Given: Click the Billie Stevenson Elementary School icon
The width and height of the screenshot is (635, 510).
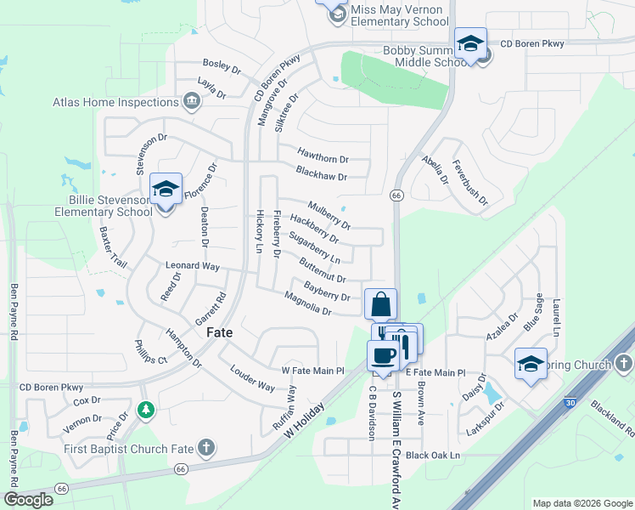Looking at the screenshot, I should [x=166, y=190].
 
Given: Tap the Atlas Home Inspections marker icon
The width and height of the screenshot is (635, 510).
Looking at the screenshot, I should [x=191, y=103].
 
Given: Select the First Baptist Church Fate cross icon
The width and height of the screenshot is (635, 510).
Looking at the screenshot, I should [x=205, y=447].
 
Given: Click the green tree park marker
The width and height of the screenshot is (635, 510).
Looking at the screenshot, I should [x=147, y=411].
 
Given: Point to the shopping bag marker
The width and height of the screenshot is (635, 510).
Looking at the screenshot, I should [x=380, y=304].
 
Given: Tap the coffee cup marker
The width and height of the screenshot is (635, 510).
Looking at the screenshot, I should [x=384, y=355].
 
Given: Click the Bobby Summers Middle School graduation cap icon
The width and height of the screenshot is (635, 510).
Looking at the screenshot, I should [x=470, y=43].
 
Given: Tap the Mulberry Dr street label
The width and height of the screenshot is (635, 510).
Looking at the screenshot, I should [x=329, y=215].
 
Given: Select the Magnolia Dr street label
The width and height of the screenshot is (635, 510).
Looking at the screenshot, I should [x=307, y=303].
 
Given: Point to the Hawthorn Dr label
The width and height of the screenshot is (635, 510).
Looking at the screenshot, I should [x=323, y=158].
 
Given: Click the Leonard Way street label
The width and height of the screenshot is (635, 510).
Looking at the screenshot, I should [x=192, y=266].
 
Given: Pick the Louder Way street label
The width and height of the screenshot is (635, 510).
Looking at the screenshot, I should [x=252, y=379].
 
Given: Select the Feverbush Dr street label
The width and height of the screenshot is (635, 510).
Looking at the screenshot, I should [x=470, y=183].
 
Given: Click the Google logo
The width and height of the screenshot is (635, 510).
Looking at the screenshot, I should [x=28, y=500].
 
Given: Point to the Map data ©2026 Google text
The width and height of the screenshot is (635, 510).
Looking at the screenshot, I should [x=582, y=503].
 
